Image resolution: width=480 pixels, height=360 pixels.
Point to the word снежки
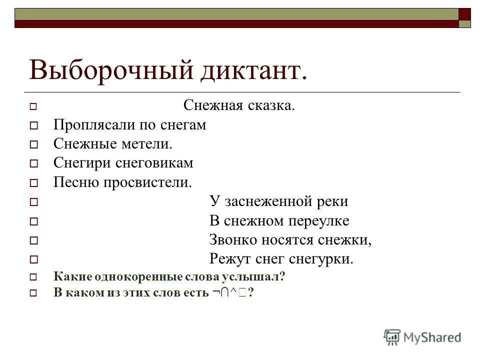point(345,240)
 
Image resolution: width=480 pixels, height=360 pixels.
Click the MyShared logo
point(422,337)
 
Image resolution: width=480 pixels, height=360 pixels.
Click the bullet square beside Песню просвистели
point(33,183)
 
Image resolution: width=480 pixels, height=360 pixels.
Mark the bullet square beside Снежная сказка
point(33,106)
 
